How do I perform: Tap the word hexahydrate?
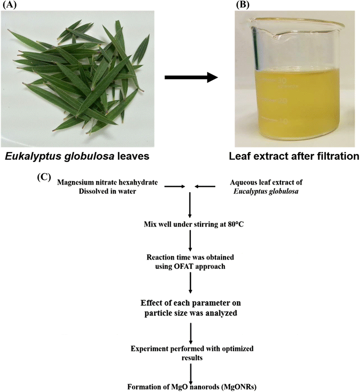point(143,182)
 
